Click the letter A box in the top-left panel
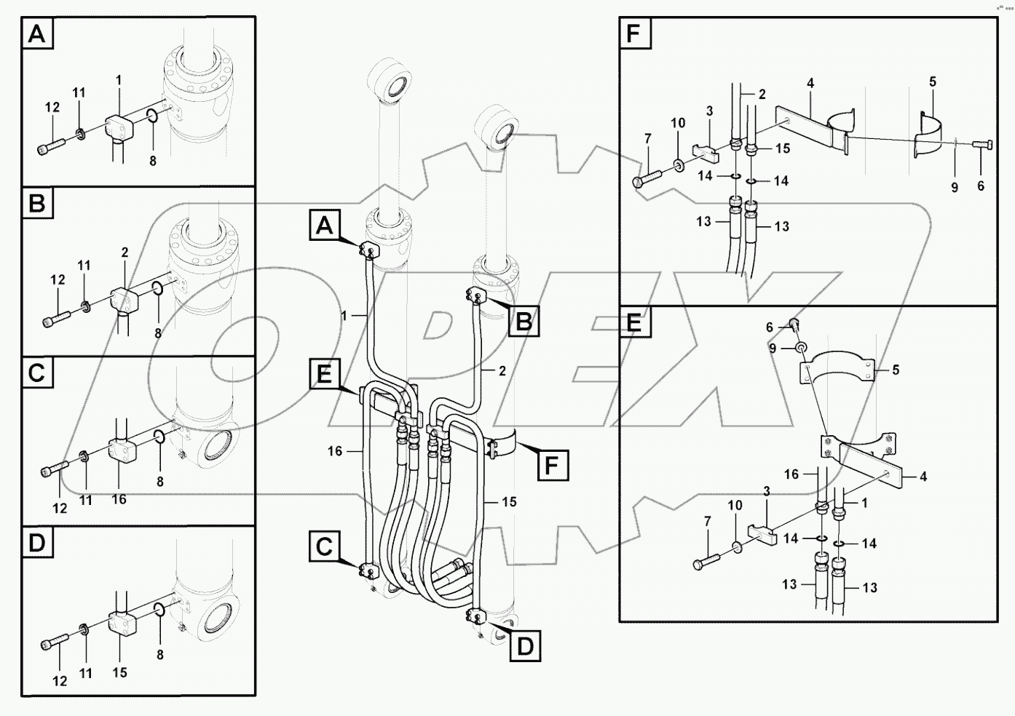click(38, 34)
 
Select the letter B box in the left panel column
click(37, 203)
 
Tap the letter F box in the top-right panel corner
click(634, 34)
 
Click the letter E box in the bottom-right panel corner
click(634, 322)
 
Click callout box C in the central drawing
click(325, 546)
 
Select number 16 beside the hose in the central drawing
click(335, 451)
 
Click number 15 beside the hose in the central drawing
click(509, 502)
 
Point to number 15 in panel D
click(119, 672)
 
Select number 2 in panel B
click(125, 252)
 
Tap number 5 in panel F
click(933, 82)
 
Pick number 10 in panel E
click(735, 505)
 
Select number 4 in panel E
click(923, 477)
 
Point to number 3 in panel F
click(709, 111)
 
